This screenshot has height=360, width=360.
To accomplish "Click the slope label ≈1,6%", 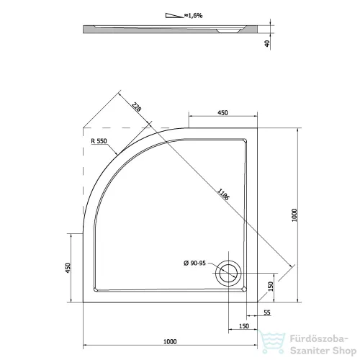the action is (194, 16).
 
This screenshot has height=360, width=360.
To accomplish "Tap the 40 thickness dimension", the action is (267, 43).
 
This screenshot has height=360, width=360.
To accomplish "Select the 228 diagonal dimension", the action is (136, 107).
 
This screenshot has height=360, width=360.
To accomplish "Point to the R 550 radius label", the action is (99, 141).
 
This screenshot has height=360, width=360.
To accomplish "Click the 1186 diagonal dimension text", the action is (223, 194).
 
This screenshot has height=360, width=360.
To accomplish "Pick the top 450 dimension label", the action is (222, 113).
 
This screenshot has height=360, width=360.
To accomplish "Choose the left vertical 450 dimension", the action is (68, 268).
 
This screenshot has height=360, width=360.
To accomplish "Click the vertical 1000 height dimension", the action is (294, 215).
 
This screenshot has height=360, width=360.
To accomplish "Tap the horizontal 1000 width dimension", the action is (170, 341).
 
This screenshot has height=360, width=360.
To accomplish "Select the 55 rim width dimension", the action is (267, 312).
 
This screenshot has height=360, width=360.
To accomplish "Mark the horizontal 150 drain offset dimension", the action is (244, 326).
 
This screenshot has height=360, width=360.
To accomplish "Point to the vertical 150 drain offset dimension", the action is (271, 287).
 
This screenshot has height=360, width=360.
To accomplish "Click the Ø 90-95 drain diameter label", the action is (194, 264).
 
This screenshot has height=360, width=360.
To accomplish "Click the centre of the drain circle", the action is (228, 274).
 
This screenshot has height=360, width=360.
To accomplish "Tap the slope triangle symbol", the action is (174, 16).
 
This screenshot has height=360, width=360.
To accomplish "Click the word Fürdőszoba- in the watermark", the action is (319, 339).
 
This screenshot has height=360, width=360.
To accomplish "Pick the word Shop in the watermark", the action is (344, 351).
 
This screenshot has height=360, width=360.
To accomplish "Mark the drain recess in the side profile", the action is (228, 31).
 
